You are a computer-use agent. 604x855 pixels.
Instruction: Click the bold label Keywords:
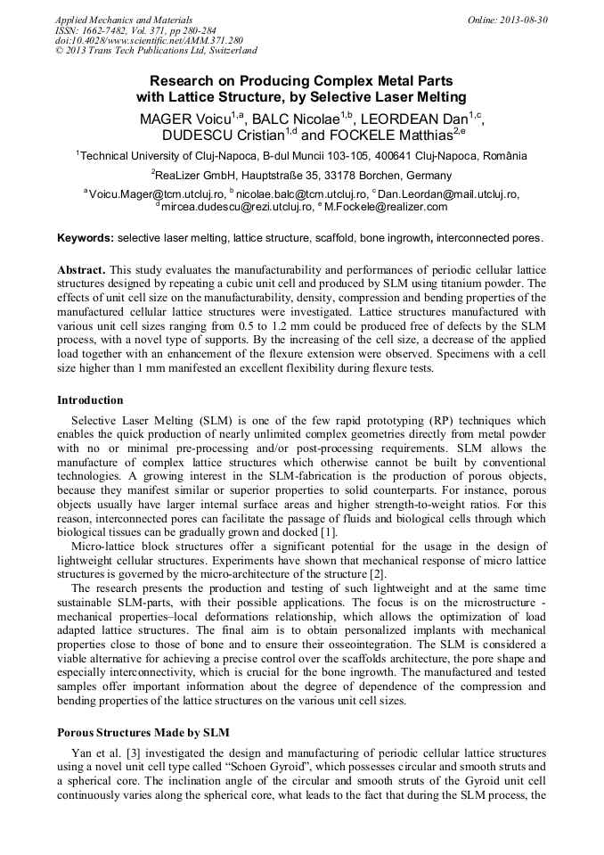[x=86, y=239]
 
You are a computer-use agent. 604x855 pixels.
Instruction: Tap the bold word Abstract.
[x=81, y=270]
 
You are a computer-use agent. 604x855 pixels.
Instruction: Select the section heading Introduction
[x=90, y=400]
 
